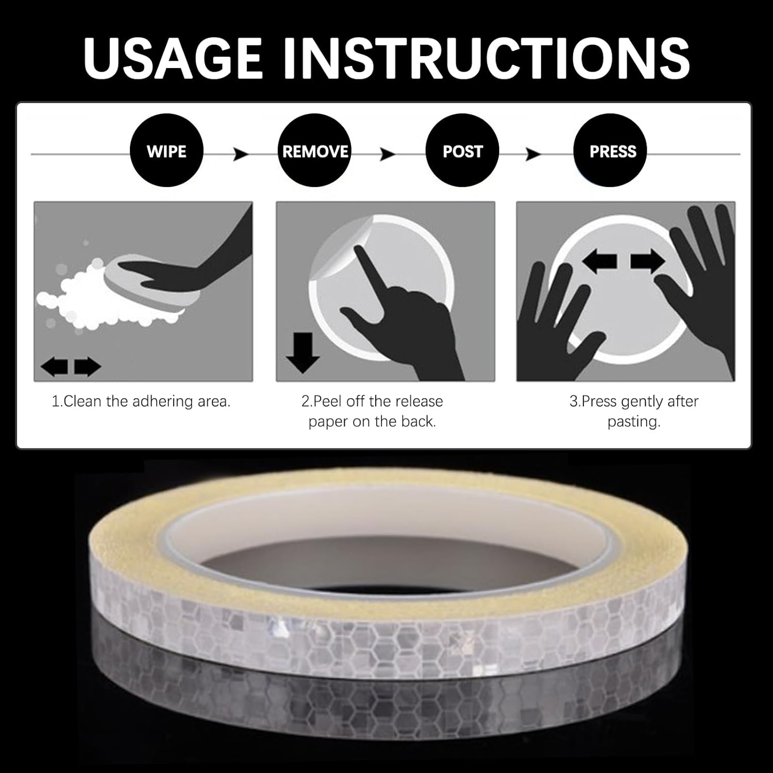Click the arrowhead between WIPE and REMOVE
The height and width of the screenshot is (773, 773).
241,154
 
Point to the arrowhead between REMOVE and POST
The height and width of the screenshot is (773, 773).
388,154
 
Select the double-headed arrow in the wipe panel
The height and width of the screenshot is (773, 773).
71,367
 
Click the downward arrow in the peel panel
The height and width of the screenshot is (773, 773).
303,352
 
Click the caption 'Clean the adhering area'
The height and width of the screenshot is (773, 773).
141,401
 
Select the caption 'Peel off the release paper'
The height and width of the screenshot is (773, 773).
372,411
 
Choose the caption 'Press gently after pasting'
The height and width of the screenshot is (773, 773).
634,411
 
